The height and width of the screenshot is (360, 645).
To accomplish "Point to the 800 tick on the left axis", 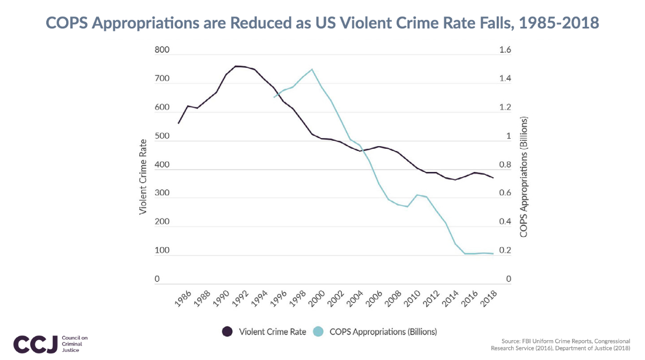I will (162, 51).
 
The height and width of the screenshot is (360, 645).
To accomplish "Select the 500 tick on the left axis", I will (162, 136).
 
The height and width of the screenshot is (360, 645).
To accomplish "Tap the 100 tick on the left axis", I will (162, 251).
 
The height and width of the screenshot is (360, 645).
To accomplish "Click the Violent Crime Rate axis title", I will (143, 177).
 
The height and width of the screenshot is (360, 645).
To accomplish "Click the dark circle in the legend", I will (227, 332).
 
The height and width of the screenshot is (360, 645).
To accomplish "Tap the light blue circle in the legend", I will (318, 332).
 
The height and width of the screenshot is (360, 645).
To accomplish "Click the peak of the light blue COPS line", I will (311, 69).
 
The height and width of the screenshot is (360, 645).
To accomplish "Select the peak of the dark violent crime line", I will (236, 66).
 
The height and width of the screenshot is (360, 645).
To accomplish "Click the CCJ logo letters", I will (35, 344).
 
